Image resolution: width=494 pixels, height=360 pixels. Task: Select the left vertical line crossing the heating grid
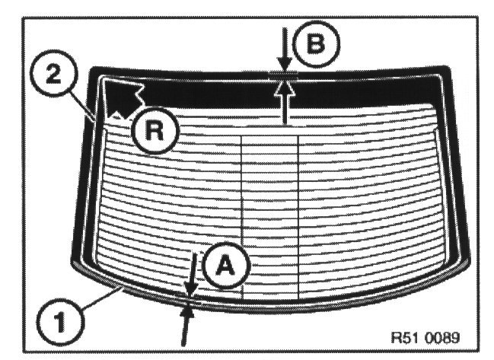(x=241, y=213)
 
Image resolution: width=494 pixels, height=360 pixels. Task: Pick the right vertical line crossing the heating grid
(x=298, y=213)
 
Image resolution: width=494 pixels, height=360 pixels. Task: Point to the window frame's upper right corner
(x=452, y=73)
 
